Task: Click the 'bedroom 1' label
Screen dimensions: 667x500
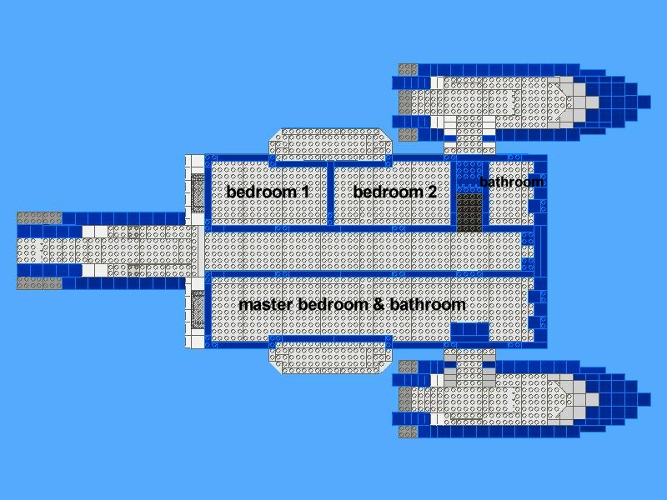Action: click(x=268, y=192)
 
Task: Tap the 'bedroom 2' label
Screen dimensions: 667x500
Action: click(x=394, y=192)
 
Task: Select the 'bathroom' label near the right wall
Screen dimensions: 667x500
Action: click(x=511, y=182)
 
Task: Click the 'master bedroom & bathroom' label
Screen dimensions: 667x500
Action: click(x=352, y=304)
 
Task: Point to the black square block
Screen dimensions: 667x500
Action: click(x=469, y=212)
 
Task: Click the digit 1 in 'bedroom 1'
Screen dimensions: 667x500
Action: click(x=304, y=192)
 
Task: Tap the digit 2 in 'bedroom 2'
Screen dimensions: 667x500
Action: click(x=432, y=192)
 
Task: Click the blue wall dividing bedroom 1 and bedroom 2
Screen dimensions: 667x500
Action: click(x=330, y=193)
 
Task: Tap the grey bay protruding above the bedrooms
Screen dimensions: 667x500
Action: click(x=330, y=144)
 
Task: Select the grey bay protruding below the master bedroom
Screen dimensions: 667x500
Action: click(x=330, y=358)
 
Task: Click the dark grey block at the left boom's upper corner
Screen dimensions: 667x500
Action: click(x=39, y=218)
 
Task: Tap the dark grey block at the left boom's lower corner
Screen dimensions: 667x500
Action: click(x=39, y=283)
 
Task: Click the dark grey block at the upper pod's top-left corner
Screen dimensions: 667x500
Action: click(x=409, y=70)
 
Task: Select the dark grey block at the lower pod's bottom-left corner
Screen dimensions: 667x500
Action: click(x=409, y=432)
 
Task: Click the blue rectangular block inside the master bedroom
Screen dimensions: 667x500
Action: click(x=469, y=332)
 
